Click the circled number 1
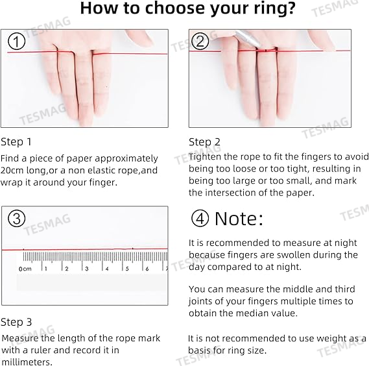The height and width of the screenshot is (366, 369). tap(18, 43)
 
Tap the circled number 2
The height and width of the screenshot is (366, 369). tap(200, 42)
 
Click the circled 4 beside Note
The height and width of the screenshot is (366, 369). tap(200, 219)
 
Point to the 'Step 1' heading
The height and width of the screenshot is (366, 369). tap(16, 141)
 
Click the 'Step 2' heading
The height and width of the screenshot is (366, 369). tap(204, 141)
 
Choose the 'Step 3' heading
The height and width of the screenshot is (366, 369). tap(16, 322)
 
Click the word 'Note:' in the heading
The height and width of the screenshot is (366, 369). tap(239, 219)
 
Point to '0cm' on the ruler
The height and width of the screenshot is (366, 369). tap(25, 268)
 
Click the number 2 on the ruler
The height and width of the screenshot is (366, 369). tap(66, 268)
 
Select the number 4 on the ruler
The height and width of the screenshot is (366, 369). tap(106, 268)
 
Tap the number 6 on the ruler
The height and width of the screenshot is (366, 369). tap(147, 268)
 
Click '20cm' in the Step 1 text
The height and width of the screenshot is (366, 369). tap(13, 170)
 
